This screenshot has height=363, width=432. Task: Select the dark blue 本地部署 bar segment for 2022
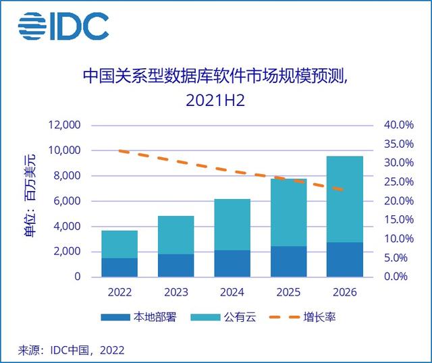pos(119,267)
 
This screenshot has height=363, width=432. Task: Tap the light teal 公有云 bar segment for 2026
pos(345,199)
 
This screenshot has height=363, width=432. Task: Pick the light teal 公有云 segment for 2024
pos(232,225)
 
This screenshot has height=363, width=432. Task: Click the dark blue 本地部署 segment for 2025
pos(289,262)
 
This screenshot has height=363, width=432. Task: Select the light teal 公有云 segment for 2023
pos(176,235)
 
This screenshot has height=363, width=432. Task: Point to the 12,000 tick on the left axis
pos(63,125)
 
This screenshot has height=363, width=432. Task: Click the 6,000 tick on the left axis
pos(66,201)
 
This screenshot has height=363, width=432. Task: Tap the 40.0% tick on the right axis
pos(398,125)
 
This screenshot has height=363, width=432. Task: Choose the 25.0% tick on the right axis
pos(398,182)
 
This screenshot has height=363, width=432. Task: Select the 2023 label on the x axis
pos(176,294)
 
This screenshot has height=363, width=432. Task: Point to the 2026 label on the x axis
pos(345,294)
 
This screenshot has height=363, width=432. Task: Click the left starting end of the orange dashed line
pos(119,151)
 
